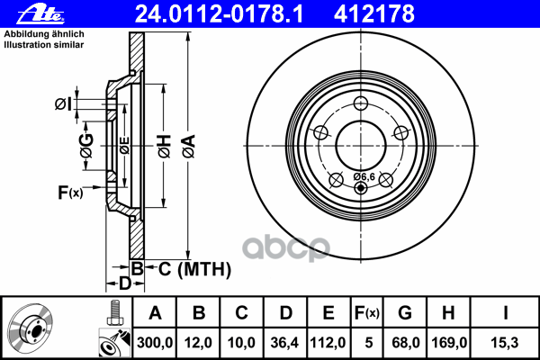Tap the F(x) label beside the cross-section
(x=69, y=192)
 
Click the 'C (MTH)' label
(x=188, y=268)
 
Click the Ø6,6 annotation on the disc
(x=364, y=175)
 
